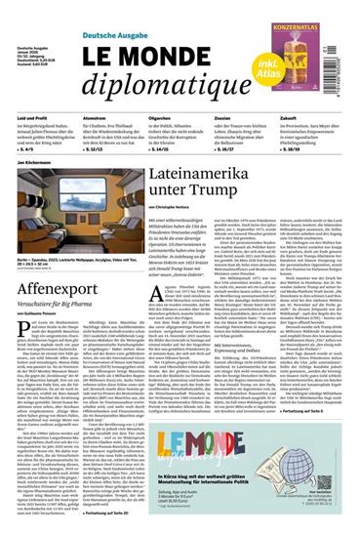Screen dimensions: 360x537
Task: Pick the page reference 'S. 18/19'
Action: (297, 151)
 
